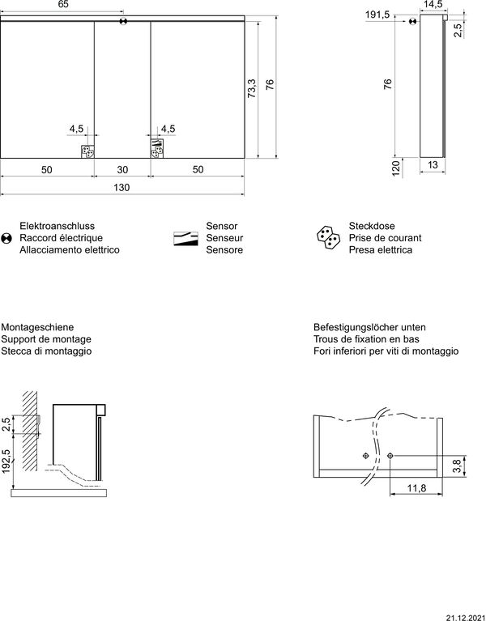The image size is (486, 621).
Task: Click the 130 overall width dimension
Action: [x=121, y=188]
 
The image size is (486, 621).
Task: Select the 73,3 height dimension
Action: [x=251, y=89]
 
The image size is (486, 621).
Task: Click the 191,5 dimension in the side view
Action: [x=377, y=15]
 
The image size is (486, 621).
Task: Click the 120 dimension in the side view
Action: [x=396, y=168]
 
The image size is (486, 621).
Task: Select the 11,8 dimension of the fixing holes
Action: [x=416, y=487]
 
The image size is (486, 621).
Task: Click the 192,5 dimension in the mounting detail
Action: [x=6, y=465]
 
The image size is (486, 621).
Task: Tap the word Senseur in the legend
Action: [x=224, y=239]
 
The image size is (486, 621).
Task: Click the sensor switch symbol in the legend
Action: [x=185, y=238]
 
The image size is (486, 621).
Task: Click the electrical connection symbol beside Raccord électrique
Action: [x=6, y=238]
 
